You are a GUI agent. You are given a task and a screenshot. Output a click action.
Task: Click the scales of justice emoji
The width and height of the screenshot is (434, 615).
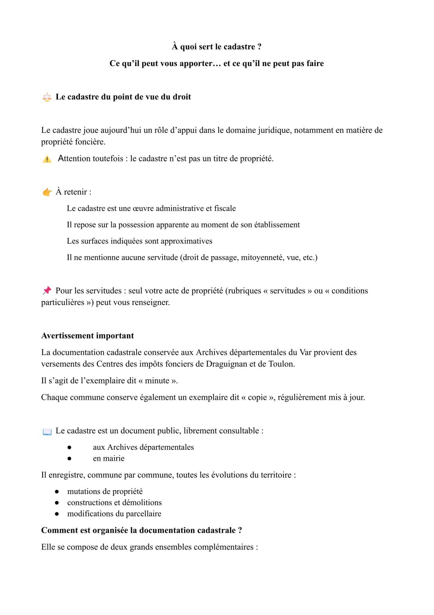47,97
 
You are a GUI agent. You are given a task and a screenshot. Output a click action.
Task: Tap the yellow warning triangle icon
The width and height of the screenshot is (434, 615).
47,159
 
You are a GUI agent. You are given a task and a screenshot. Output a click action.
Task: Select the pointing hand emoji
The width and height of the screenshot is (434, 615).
47,192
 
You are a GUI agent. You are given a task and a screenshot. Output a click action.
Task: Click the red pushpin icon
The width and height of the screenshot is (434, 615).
47,291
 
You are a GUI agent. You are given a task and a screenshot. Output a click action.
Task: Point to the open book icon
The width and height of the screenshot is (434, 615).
47,431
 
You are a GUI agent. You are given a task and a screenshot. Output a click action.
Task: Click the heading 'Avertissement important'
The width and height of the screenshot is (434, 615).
88,335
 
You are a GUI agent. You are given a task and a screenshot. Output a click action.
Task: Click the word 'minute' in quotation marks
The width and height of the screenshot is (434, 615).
157,381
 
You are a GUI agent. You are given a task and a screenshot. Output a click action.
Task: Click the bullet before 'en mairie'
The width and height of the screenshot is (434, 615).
69,458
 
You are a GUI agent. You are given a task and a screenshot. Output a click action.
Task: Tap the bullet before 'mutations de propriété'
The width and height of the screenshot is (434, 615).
57,492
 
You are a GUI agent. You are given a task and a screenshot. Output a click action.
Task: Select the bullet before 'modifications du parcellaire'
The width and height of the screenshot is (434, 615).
57,514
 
